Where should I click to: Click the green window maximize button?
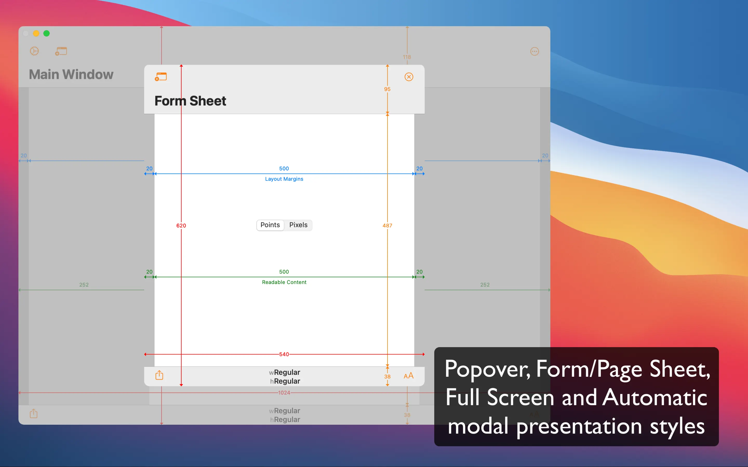point(46,33)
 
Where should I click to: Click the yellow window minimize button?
point(36,33)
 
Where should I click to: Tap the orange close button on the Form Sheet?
point(409,77)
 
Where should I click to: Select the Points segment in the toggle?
point(270,225)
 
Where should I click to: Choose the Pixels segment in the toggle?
point(298,225)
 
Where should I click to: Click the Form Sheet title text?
point(190,101)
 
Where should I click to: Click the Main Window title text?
point(71,74)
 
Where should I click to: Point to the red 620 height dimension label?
point(181,225)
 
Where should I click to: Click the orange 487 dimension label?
point(387,225)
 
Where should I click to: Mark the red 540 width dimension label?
point(284,354)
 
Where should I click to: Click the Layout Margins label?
point(284,179)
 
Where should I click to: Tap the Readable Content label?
point(284,282)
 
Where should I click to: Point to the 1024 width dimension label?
point(284,393)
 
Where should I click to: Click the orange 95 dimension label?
point(387,89)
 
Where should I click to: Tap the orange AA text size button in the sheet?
point(408,376)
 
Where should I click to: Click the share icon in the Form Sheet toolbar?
point(159,375)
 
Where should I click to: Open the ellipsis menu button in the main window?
point(535,51)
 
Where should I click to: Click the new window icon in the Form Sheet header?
point(161,77)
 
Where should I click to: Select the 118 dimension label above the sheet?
point(407,57)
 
